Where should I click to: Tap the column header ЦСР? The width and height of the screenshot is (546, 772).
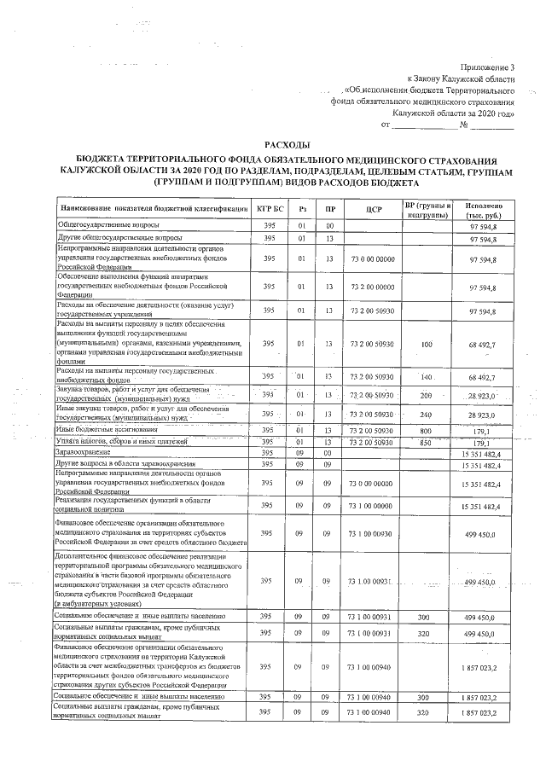click(x=371, y=208)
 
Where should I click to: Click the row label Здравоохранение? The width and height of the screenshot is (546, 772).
click(x=85, y=452)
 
